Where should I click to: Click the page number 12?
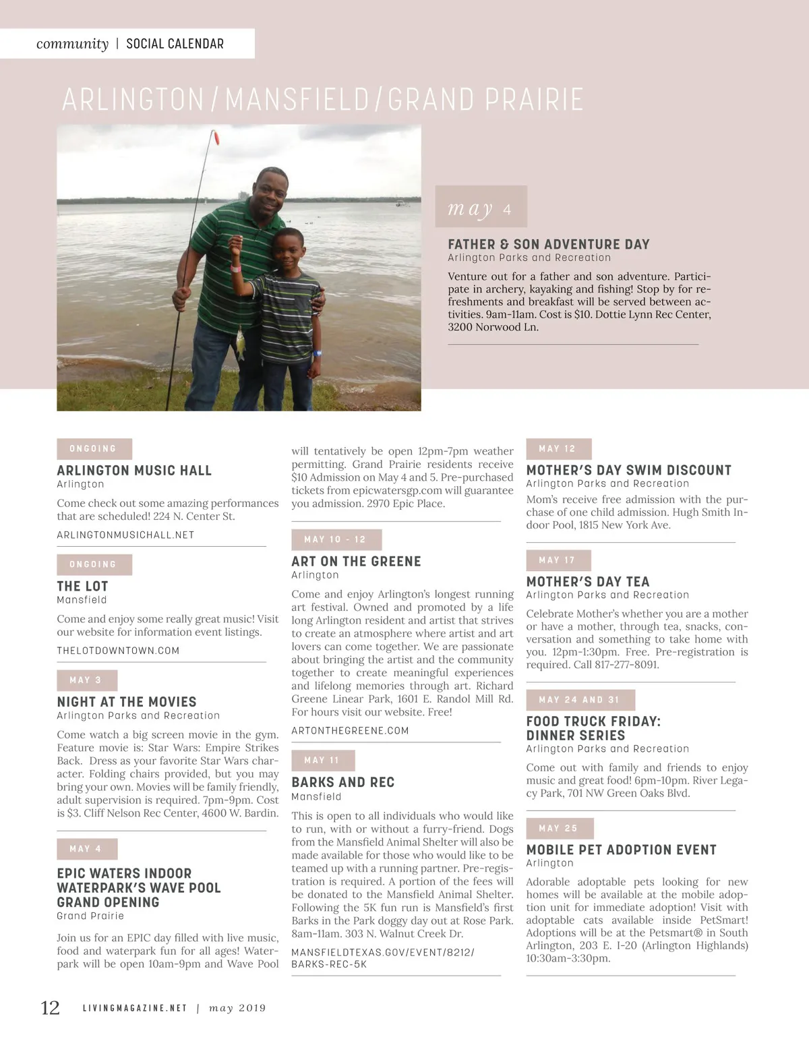(x=51, y=1008)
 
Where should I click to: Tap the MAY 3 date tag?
(x=87, y=680)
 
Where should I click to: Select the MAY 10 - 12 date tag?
(x=336, y=540)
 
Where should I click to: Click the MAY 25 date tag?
(x=560, y=829)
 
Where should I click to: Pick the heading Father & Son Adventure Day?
(x=549, y=244)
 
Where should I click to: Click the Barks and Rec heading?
(x=343, y=782)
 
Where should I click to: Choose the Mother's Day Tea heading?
(x=588, y=581)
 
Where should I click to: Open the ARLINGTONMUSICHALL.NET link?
(x=125, y=535)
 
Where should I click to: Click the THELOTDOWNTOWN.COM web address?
(x=118, y=651)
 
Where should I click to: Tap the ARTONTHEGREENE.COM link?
(x=350, y=731)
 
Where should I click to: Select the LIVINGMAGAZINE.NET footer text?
(x=134, y=1009)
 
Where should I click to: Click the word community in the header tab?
(x=72, y=44)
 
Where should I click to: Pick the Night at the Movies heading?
(x=127, y=702)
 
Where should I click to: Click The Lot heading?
(x=82, y=586)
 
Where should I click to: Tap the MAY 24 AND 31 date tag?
(x=580, y=700)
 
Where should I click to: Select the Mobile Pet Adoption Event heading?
(x=621, y=850)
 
